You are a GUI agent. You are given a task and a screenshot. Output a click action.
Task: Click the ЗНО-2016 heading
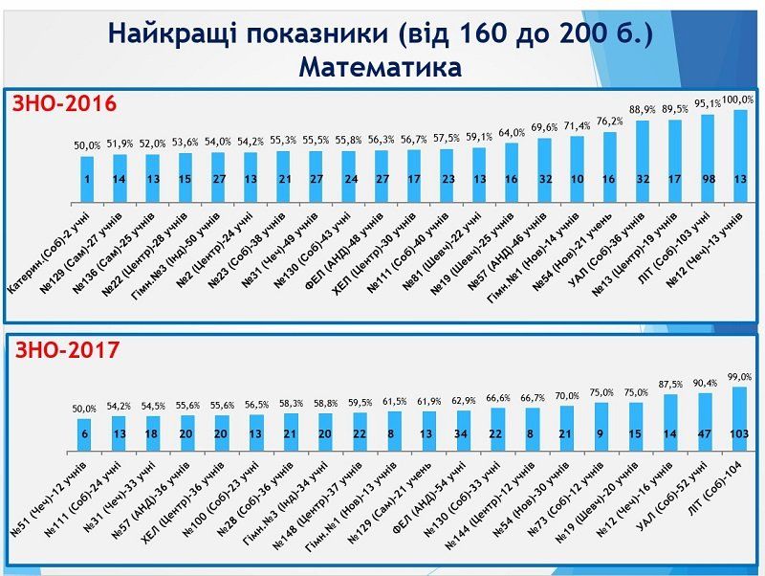coord(64,102)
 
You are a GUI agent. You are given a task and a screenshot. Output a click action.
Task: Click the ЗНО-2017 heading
coord(67,350)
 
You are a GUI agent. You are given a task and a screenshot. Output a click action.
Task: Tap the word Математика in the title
coord(380,68)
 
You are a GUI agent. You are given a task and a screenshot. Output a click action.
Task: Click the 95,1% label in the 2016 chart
coord(707,104)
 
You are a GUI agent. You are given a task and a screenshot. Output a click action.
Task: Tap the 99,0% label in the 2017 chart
coord(740,378)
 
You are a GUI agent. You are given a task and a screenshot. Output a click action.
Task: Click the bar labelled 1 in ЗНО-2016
coord(86,179)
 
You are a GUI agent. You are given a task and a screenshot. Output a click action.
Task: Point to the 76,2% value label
coord(610,122)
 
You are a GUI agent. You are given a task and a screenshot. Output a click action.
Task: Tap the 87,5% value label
coord(672,384)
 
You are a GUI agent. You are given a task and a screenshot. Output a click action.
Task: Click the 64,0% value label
coord(511,134)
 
